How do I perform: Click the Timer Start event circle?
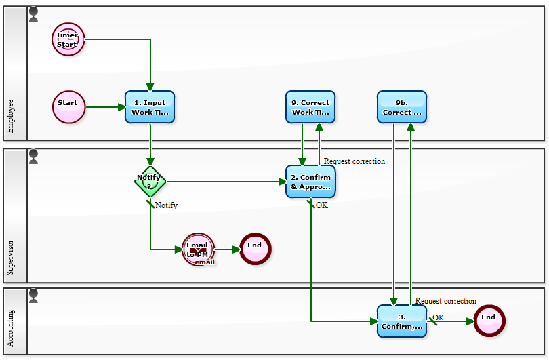tap(68, 39)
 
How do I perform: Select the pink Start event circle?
tap(68, 107)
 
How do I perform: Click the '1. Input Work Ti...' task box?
tap(150, 107)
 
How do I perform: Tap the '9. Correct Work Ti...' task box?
tap(310, 107)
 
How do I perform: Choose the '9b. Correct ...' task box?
tap(402, 107)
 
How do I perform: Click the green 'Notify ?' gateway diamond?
tap(150, 182)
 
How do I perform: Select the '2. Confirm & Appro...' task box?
tap(310, 182)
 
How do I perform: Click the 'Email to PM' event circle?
tap(198, 249)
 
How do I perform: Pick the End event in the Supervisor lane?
tap(254, 249)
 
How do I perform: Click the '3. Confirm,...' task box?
tap(402, 321)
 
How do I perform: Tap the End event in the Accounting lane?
tap(489, 321)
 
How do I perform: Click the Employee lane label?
tap(11, 116)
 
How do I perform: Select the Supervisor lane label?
tap(11, 257)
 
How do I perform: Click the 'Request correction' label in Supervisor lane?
tap(354, 161)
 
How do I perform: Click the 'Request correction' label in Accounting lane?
tap(446, 301)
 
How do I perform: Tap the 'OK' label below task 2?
tap(322, 205)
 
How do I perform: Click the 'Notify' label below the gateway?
tap(166, 205)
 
